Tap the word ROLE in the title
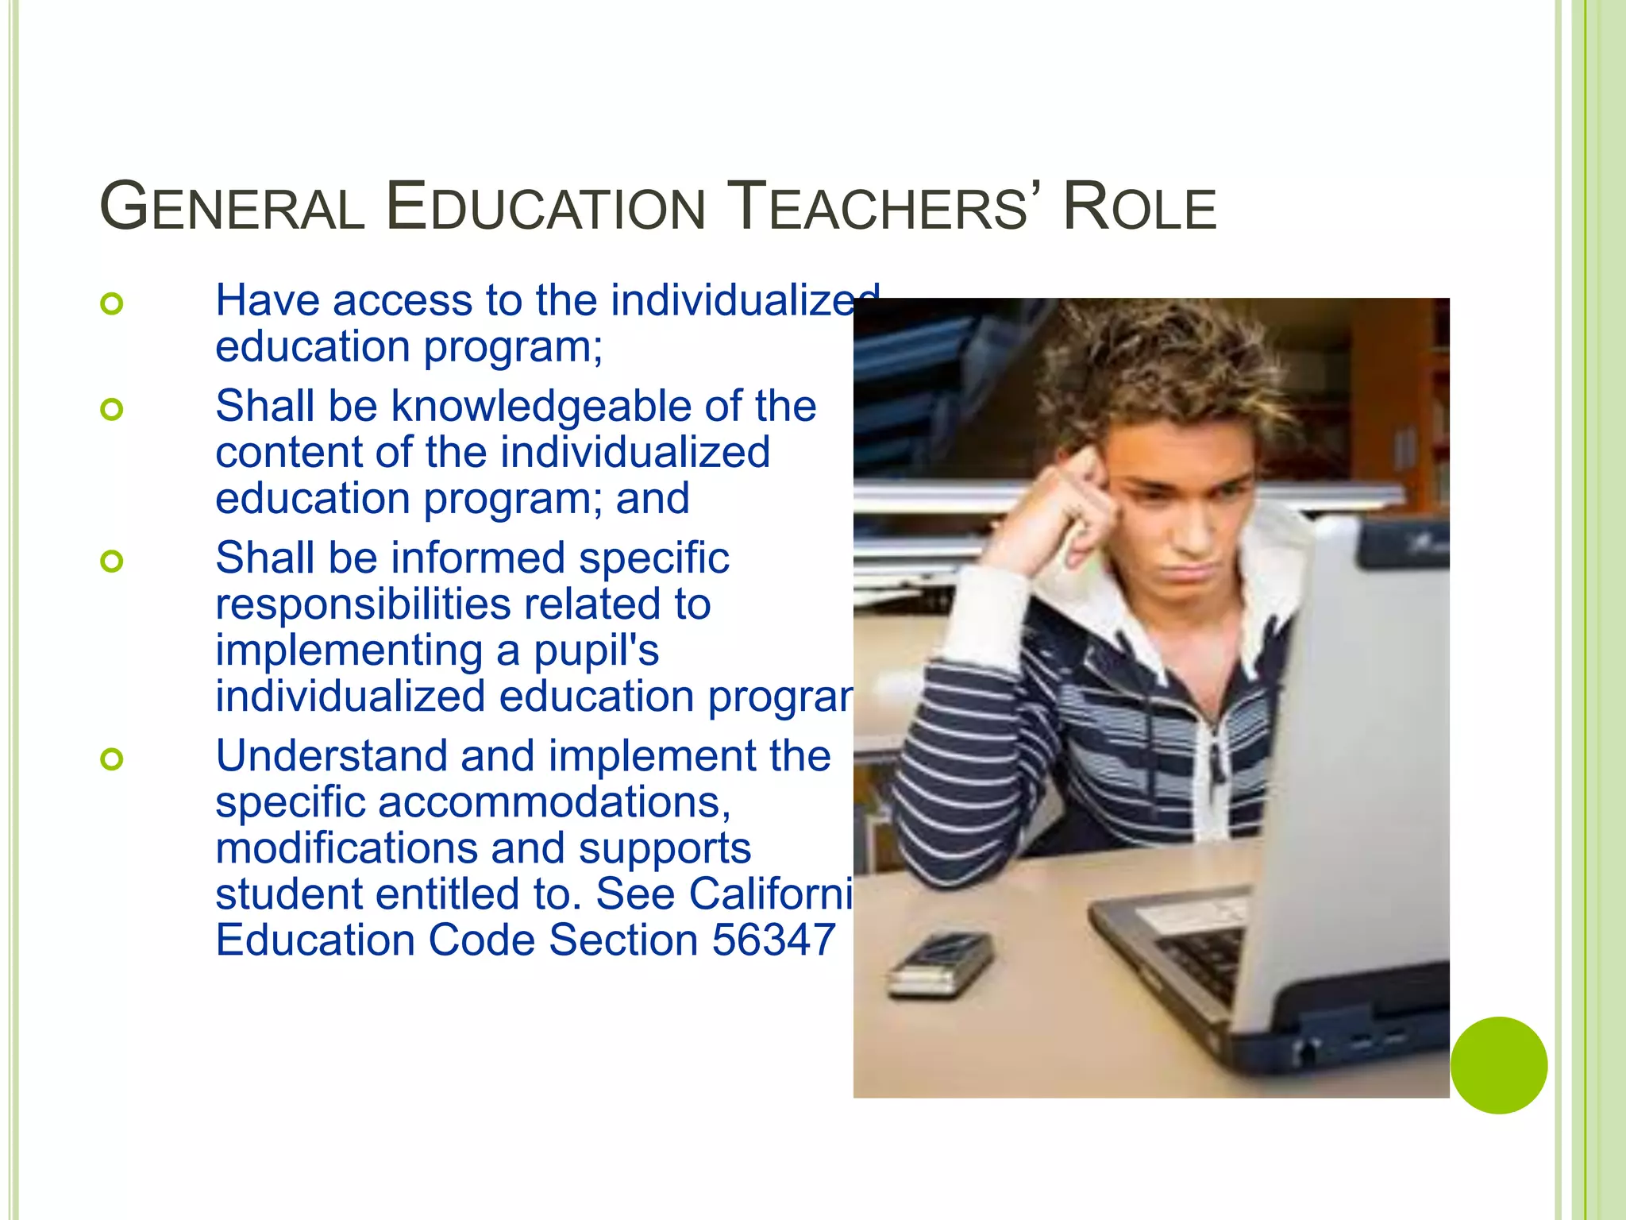click(x=1139, y=207)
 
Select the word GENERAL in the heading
click(x=232, y=207)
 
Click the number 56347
click(x=773, y=940)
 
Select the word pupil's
click(x=595, y=651)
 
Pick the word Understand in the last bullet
click(x=331, y=755)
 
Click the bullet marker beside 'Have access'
click(x=112, y=303)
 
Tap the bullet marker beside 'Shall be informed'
click(x=112, y=562)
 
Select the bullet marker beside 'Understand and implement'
click(x=112, y=759)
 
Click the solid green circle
click(x=1498, y=1065)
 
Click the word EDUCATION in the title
click(x=545, y=207)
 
